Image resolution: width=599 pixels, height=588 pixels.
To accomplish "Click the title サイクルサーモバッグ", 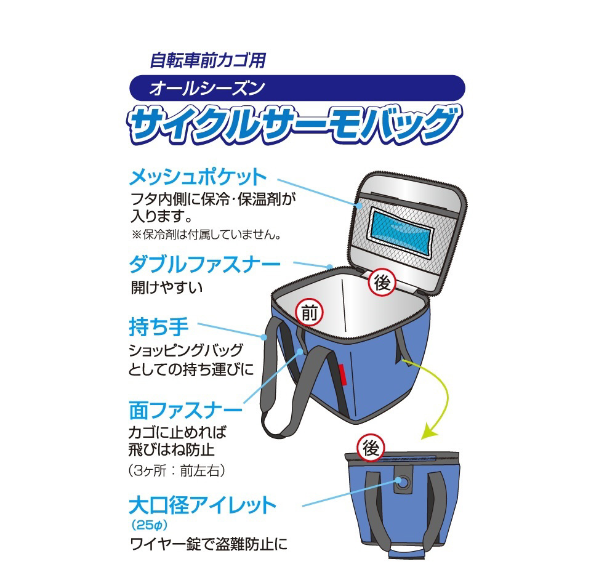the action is coord(294,124).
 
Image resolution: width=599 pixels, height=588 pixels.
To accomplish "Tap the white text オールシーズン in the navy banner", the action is coord(207,88).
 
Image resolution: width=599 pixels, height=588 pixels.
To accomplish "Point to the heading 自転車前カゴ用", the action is coord(208,60).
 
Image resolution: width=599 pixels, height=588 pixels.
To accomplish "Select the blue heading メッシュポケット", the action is coord(198,178).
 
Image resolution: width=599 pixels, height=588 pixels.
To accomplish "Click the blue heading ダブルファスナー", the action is coord(205,264).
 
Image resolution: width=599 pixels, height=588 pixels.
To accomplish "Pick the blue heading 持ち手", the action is coord(159,327).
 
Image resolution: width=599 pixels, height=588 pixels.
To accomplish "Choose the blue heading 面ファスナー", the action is coord(186,411).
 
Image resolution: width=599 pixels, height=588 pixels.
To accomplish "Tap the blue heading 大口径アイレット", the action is coord(203,505).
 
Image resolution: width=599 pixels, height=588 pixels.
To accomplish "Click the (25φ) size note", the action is coord(150,525).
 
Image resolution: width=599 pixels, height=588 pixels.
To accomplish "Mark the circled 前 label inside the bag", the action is coord(310,313).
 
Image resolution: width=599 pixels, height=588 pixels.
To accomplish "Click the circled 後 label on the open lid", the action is coord(382,283).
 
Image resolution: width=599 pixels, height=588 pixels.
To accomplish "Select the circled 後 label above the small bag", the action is coord(370,448).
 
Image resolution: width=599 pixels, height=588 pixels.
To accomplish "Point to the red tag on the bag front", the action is coord(342,375).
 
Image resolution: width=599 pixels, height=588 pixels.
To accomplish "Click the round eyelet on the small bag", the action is coord(403,483).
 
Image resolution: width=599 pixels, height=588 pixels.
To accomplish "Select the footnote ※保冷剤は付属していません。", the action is coord(207,235).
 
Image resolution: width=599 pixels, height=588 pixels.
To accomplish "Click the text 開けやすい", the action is coord(167,288).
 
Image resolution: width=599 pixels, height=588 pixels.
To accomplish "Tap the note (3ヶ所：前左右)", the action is coord(177,470).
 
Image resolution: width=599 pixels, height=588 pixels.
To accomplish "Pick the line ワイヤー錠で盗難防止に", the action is coord(209,544).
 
